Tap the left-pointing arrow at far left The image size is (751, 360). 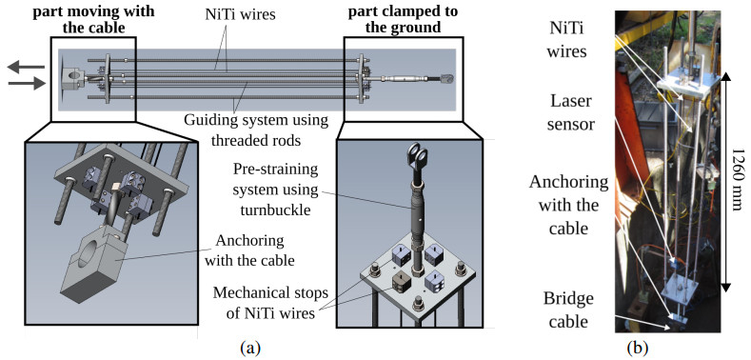[x=27, y=68]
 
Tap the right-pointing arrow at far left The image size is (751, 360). [x=27, y=84]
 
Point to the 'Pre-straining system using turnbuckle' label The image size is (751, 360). [x=275, y=190]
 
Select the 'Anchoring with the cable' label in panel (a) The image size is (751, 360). [x=256, y=250]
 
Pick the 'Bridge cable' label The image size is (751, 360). [x=568, y=310]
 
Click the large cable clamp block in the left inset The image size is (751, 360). [x=97, y=262]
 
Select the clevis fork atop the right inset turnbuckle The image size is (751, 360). [x=417, y=156]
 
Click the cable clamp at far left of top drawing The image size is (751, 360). [x=72, y=76]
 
